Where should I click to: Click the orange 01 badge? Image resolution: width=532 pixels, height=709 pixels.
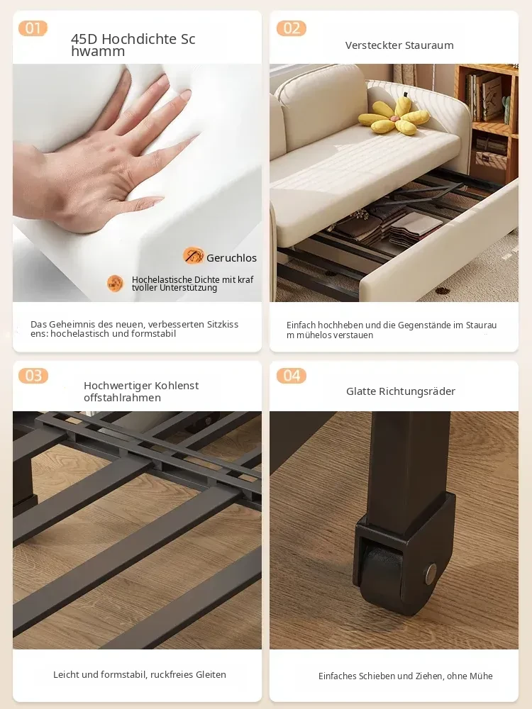pos(33,28)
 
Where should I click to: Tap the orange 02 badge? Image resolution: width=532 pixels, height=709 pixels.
pos(292,28)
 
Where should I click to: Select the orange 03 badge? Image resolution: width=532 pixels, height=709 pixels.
pos(33,375)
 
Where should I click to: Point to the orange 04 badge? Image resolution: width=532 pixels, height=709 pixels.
pos(292,375)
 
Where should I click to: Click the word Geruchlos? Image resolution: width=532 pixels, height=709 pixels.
pos(232,258)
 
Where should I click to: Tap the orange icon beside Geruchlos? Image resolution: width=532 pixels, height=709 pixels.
pos(193,256)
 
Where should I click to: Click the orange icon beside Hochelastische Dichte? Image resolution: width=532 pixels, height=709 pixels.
pos(116,284)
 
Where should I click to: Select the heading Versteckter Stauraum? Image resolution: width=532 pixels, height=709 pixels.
pos(399,45)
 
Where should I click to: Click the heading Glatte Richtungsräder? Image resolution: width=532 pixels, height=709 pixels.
pos(400,391)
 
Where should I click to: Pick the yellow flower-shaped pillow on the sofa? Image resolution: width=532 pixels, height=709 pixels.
pos(394,117)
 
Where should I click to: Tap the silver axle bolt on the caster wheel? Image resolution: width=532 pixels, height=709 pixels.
pos(431,574)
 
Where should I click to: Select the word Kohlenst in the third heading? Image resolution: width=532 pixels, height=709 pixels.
pos(177,386)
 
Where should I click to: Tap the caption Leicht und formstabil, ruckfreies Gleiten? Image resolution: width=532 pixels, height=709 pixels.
pos(139,675)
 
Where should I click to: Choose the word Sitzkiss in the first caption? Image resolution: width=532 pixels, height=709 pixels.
pos(222,324)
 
